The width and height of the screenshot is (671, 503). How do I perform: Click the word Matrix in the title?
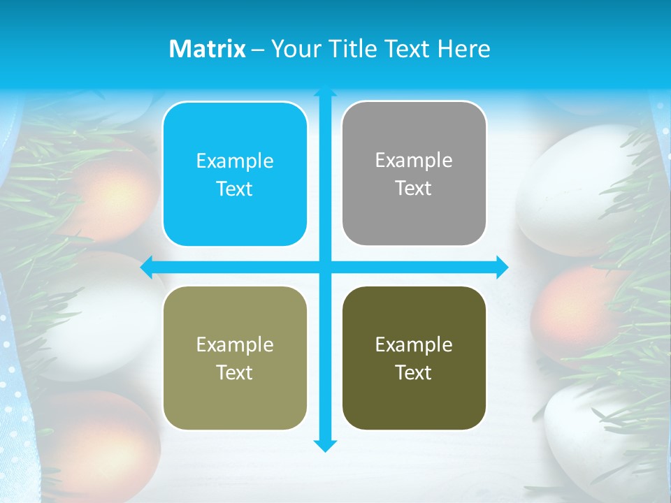tap(207, 49)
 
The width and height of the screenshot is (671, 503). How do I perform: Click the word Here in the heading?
tap(464, 49)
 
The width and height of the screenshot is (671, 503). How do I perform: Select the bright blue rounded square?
tap(235, 174)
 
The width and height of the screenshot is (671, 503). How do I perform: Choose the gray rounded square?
tap(414, 173)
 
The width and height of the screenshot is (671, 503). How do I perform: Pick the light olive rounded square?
tap(235, 358)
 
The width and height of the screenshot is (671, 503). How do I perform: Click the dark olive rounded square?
tap(414, 358)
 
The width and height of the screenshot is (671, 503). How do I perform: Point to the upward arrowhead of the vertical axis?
tap(324, 91)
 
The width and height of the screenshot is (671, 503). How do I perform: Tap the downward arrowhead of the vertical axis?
tap(324, 445)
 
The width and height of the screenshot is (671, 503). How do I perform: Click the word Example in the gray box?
tap(414, 160)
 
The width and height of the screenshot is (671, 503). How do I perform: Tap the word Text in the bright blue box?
tap(235, 189)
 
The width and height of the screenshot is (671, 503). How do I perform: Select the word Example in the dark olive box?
tap(414, 344)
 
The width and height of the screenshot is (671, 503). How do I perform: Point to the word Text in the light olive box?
tap(235, 372)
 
